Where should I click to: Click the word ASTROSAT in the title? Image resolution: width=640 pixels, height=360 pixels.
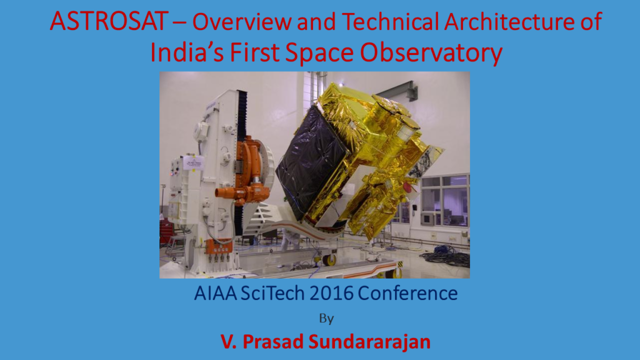point(109,21)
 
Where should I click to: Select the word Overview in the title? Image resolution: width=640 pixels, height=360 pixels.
point(242,21)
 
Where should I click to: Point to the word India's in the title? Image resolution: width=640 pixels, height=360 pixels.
point(187,52)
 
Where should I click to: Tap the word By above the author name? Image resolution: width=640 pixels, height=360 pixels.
point(326,318)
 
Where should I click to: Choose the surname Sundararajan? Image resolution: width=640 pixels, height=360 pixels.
point(369,342)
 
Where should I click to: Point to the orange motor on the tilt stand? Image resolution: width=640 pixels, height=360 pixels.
point(244,171)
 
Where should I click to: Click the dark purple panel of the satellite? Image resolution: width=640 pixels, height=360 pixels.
point(310,162)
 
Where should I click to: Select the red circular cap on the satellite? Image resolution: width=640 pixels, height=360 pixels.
point(407,187)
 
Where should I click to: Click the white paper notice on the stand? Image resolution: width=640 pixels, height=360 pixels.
point(193,162)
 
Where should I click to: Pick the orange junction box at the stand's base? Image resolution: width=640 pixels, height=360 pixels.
point(219,246)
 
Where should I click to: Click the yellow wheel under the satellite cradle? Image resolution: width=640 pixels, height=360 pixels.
point(330,259)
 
